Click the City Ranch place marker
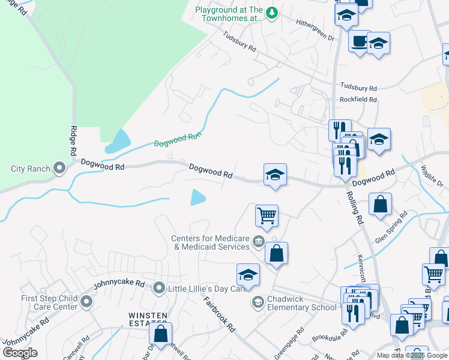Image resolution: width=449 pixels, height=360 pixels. click(x=59, y=168)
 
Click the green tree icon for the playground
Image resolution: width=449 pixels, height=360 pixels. click(x=271, y=12)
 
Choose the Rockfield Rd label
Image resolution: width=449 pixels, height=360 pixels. click(x=358, y=100)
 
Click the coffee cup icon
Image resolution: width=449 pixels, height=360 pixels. click(x=359, y=41)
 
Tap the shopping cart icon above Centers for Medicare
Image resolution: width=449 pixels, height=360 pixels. click(x=266, y=215)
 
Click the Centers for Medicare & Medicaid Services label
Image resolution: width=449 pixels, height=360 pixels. click(x=210, y=242)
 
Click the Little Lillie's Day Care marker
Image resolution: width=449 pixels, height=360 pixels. click(x=159, y=288)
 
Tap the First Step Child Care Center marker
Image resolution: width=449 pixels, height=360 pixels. click(x=86, y=301)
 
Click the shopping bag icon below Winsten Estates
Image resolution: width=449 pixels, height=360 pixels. click(x=160, y=334)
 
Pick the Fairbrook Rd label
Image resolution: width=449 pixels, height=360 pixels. click(x=218, y=314)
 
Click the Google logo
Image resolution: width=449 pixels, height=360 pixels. click(x=20, y=353)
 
